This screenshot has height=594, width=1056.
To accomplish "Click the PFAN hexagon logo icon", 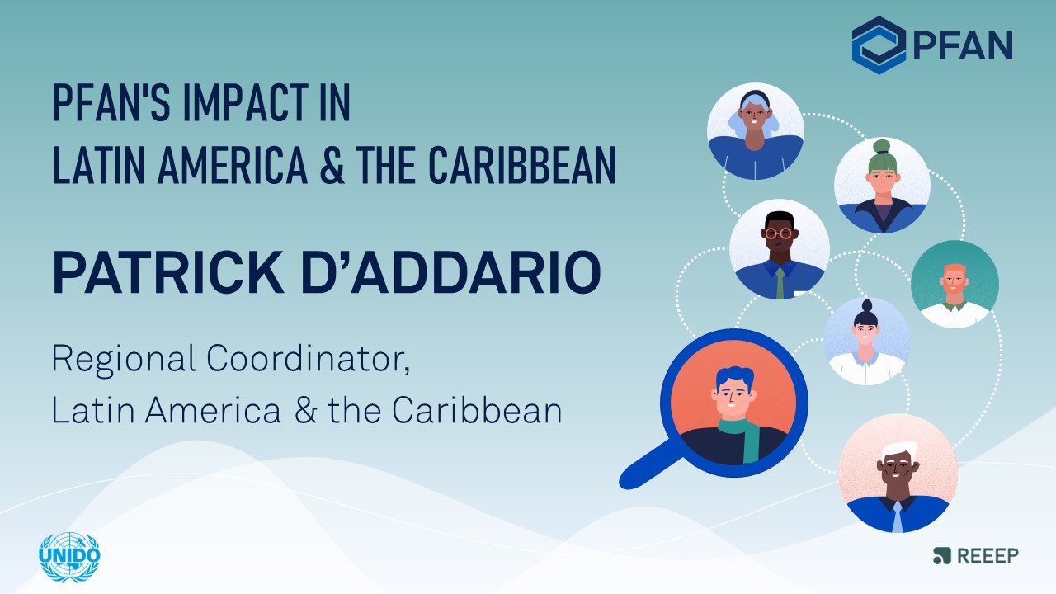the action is click(x=879, y=45).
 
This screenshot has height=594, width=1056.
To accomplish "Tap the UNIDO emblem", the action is click(x=69, y=557).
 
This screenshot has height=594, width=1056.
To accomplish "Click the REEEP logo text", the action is click(x=988, y=556).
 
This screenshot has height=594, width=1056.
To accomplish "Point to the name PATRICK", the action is click(x=168, y=272).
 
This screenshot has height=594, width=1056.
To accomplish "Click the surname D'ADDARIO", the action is click(x=451, y=272).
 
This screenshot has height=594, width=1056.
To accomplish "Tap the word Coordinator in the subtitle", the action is click(x=308, y=359).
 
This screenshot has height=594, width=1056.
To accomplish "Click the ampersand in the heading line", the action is click(x=332, y=165).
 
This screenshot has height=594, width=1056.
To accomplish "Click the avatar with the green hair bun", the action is click(x=882, y=186).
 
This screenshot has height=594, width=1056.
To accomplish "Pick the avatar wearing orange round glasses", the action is click(x=780, y=249).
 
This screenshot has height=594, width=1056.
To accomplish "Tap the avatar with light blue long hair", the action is click(x=755, y=131).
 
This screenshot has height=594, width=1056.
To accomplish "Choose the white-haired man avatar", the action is click(x=898, y=474).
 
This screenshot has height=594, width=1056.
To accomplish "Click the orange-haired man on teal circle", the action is click(x=955, y=285).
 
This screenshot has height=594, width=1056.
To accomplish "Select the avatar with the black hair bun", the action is click(x=866, y=342).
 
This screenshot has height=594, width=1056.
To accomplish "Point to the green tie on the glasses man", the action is click(x=780, y=283).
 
